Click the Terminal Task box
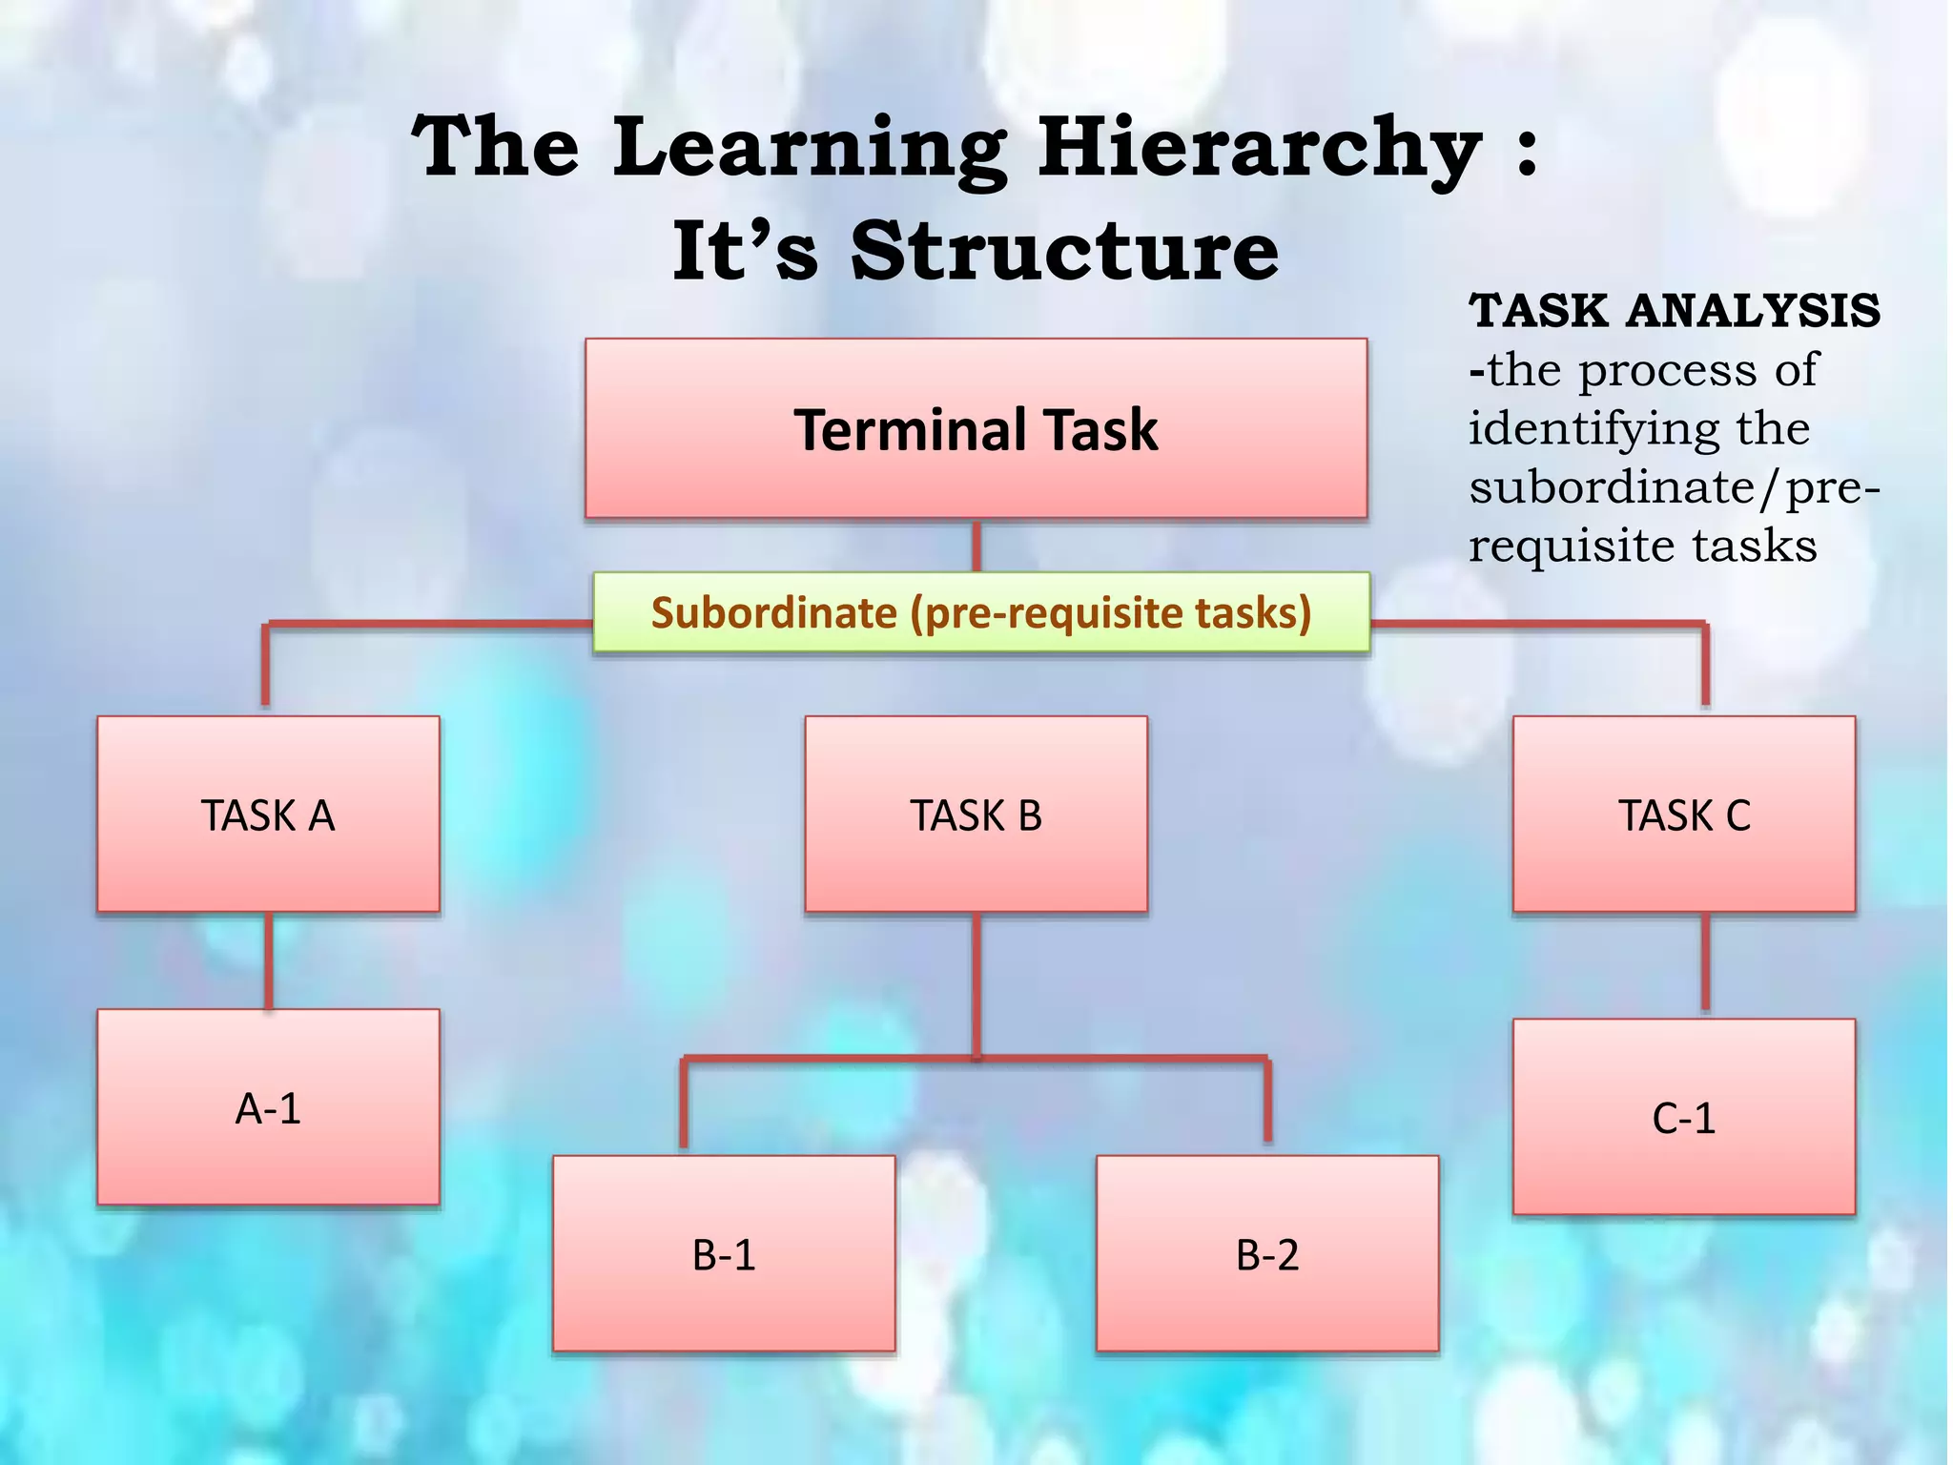(976, 428)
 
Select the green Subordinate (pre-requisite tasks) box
(981, 612)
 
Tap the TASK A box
(268, 815)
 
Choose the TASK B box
(976, 815)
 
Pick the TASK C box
(1684, 815)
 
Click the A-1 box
(268, 1107)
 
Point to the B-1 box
(724, 1253)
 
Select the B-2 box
(1267, 1253)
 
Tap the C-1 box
(1684, 1117)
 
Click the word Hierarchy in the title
(1259, 148)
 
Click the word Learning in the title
(809, 148)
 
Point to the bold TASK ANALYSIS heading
(1674, 311)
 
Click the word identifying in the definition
(1588, 428)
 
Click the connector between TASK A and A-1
(269, 960)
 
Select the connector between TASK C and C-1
(1705, 963)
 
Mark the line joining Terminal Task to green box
(976, 546)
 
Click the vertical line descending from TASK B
(976, 982)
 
